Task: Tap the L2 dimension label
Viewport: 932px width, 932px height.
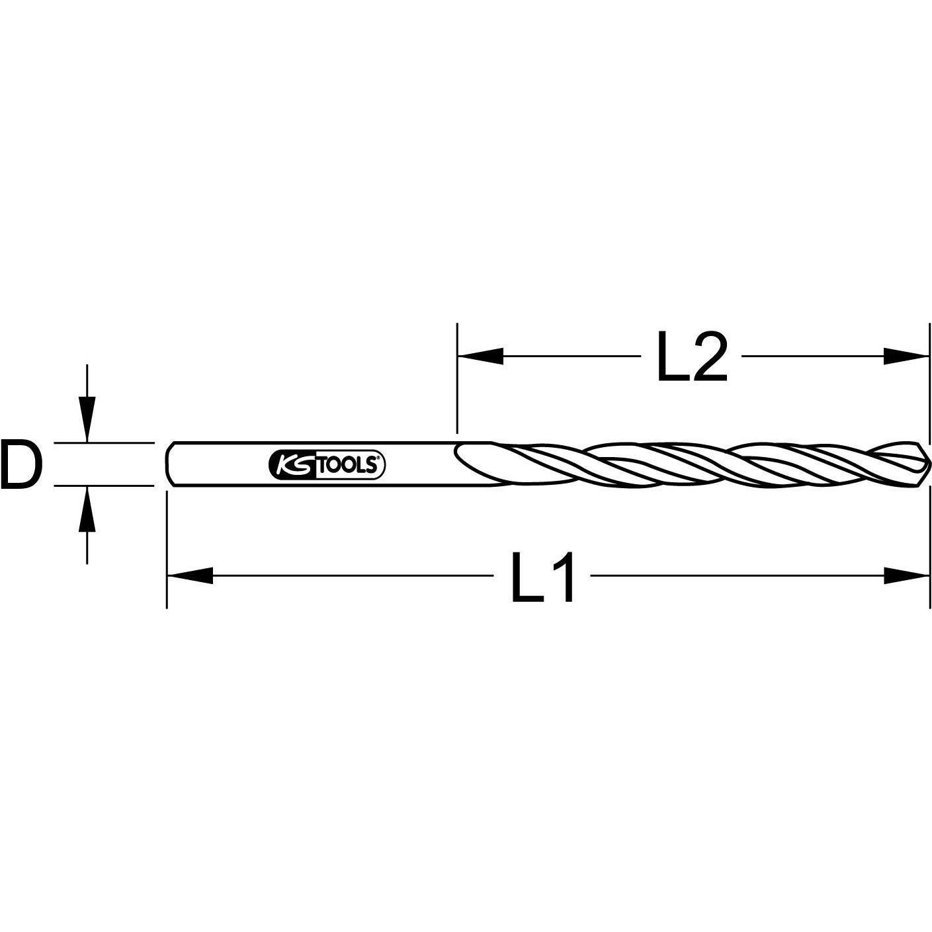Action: (691, 357)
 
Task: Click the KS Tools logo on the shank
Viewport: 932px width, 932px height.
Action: (327, 465)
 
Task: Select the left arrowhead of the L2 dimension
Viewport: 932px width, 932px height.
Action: (480, 357)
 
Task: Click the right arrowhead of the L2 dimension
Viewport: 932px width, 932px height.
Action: (906, 357)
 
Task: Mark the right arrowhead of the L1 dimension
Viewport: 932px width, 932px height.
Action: (906, 575)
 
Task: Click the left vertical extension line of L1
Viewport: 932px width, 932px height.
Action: (167, 549)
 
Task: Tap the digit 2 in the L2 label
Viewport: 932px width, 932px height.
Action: (708, 357)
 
